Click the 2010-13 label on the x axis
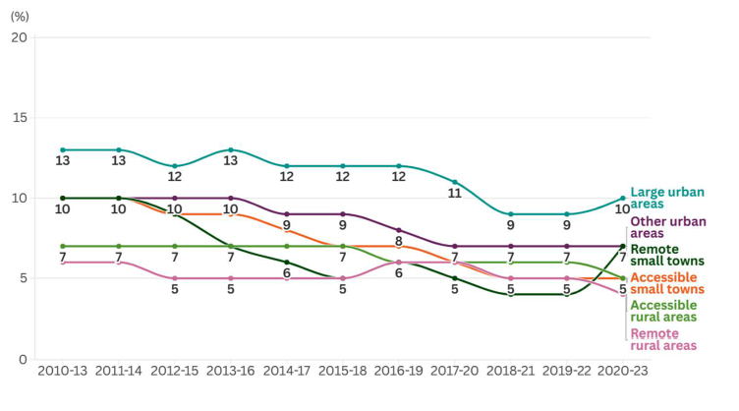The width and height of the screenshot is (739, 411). pos(63,373)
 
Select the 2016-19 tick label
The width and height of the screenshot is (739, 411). pos(399,373)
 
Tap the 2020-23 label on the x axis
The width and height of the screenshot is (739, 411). pos(622,373)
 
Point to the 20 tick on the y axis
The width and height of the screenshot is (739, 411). pos(19,37)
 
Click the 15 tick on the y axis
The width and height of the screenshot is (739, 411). pos(19,118)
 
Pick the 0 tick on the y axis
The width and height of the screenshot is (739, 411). pos(23,359)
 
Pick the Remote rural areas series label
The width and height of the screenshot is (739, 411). pos(663,339)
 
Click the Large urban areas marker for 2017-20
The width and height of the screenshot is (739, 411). pos(455,182)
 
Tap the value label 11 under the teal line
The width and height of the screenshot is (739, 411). pos(455,195)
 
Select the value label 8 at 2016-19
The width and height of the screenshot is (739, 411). pos(399,241)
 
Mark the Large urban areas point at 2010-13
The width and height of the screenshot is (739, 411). pos(63,150)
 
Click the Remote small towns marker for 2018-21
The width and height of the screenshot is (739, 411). pos(511,294)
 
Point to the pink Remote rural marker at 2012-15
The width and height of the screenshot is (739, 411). pos(175,278)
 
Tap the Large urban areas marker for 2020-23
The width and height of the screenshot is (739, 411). pos(622,198)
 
